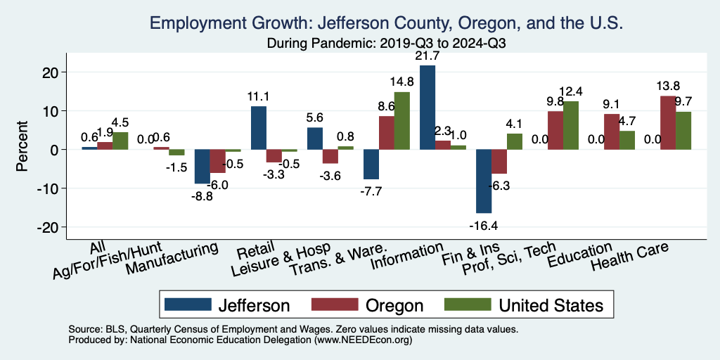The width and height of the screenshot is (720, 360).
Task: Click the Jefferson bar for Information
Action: click(x=427, y=107)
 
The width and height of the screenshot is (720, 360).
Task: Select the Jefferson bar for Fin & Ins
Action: click(x=484, y=181)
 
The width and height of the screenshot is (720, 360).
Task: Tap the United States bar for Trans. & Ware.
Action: click(x=402, y=120)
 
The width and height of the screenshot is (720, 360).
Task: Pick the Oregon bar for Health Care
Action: click(x=668, y=122)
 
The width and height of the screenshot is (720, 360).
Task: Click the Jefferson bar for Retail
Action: click(x=259, y=127)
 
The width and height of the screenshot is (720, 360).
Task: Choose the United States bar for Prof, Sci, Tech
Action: click(x=571, y=125)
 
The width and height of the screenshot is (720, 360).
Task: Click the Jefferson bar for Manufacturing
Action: click(x=202, y=166)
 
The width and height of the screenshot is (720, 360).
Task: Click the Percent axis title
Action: click(x=22, y=149)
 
